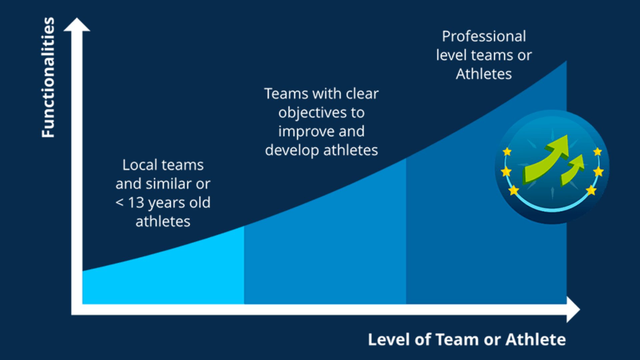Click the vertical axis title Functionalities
48,77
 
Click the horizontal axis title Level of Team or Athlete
467,340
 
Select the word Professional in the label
484,36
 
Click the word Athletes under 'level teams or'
484,74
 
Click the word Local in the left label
140,165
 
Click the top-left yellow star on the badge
507,152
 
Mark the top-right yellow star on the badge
597,152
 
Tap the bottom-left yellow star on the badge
514,190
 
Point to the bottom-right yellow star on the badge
591,190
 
